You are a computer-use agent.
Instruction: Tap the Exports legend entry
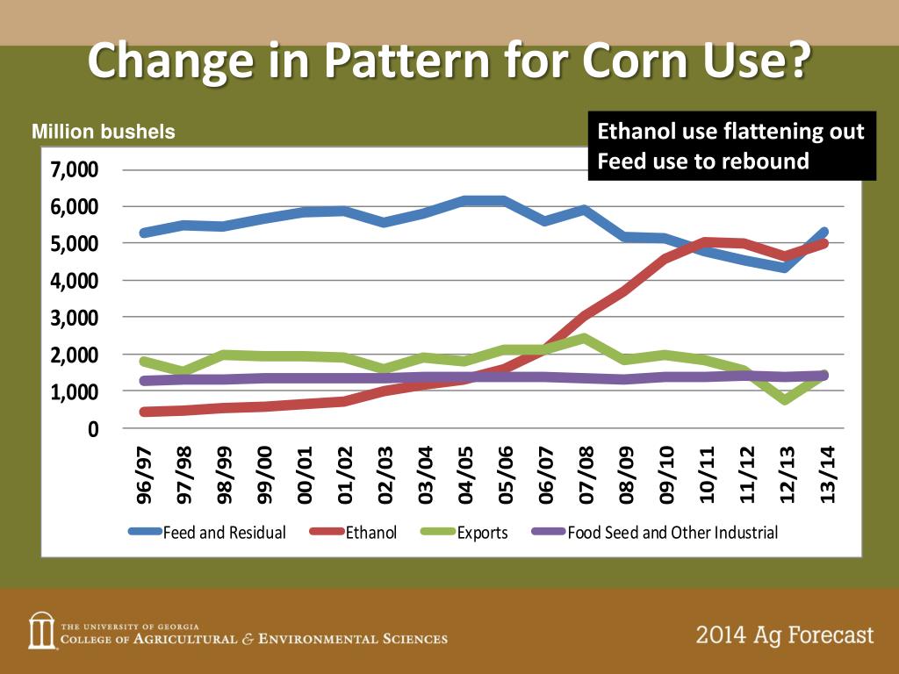coord(482,532)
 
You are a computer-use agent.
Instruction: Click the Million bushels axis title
coord(104,133)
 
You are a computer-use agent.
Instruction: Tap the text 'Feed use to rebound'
coord(703,161)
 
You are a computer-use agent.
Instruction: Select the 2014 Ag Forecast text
coord(785,635)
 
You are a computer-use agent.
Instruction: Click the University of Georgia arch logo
coord(41,629)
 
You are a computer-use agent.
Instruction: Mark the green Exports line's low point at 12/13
coord(785,399)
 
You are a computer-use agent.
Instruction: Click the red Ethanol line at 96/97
coord(145,412)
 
